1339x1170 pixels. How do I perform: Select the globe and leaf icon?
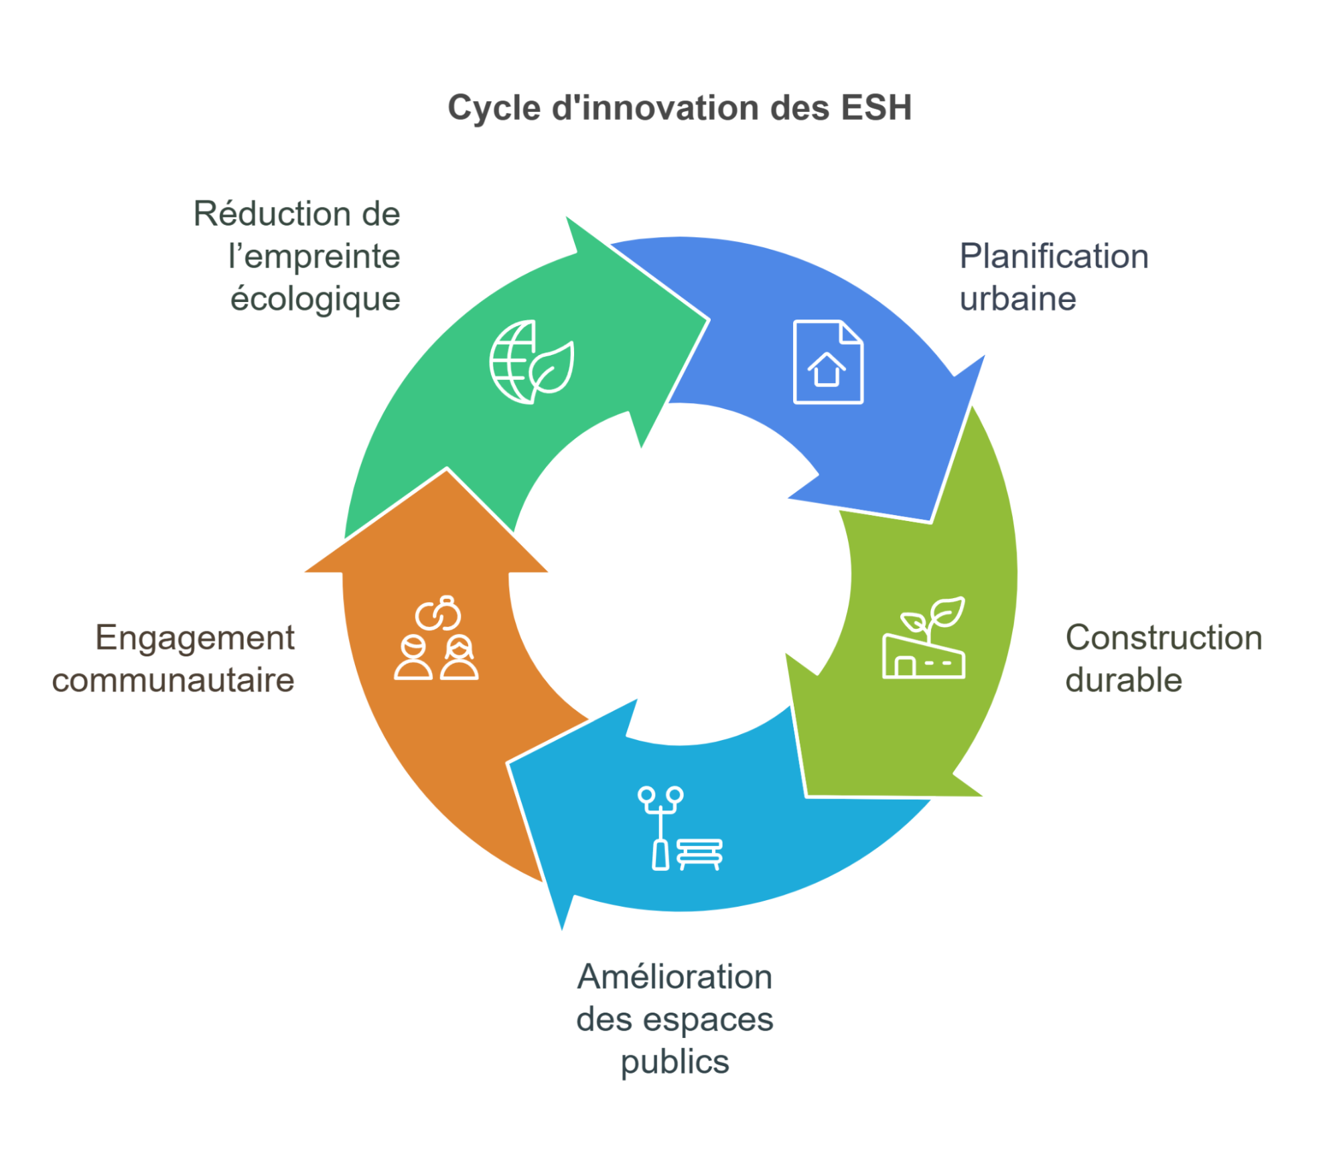pos(532,362)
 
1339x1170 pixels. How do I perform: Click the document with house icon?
pos(828,362)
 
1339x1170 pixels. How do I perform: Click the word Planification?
pos(1054,257)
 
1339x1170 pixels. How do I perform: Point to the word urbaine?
pos(1017,299)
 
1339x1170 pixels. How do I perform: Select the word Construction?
pos(1164,638)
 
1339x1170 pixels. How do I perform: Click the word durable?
pos(1123,680)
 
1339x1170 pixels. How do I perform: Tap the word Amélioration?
pos(675,976)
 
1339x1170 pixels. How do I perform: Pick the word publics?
pos(675,1062)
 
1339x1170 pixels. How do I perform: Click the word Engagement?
pos(194,638)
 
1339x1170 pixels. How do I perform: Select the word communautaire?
pos(173,680)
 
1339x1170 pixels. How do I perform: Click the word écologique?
pos(315,299)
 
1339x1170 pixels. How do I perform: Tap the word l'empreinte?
pos(313,257)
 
